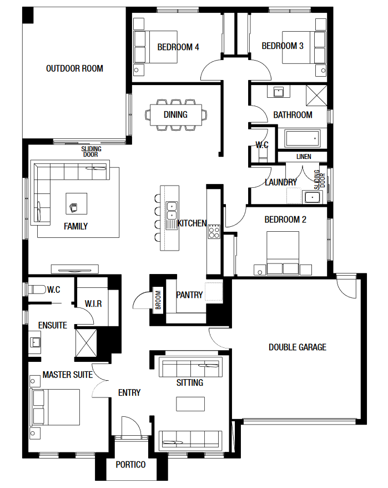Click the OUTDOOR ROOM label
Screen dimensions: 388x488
coord(74,68)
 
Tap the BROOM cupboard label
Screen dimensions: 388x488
coord(158,300)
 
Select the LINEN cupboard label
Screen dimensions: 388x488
coord(304,157)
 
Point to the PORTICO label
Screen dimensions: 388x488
coord(130,465)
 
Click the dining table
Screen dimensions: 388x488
coord(175,115)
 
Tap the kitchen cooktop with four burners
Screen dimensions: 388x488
coord(214,231)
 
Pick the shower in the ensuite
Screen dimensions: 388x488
coord(86,343)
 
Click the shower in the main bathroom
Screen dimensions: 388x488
coord(316,96)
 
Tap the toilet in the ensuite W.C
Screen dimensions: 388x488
coord(37,290)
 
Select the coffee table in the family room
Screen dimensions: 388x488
coord(76,203)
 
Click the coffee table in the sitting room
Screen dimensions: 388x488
coord(190,404)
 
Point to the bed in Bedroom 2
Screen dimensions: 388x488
coord(283,253)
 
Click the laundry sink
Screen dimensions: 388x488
coord(312,197)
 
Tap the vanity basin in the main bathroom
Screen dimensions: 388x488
coord(279,92)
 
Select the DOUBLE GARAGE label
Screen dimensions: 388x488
coord(298,347)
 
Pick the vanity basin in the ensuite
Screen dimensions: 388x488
coord(35,342)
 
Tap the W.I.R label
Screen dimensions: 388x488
coord(93,304)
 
